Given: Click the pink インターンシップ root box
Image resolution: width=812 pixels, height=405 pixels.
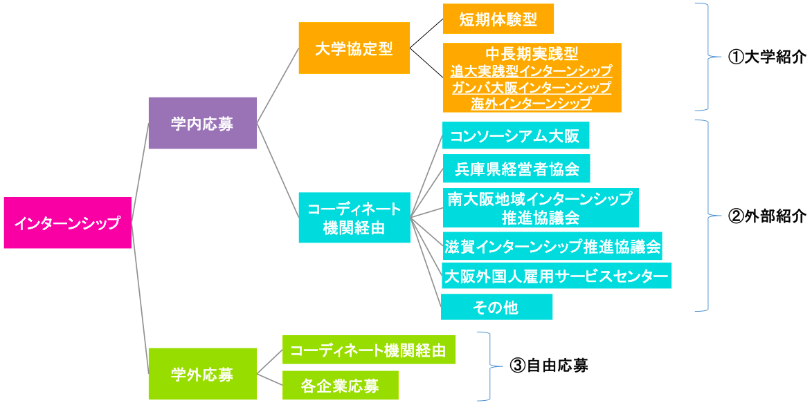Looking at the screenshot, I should tap(67, 223).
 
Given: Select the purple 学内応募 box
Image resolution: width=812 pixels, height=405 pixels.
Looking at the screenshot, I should tap(202, 123).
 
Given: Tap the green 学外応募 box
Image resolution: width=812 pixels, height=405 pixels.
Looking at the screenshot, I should tap(202, 374).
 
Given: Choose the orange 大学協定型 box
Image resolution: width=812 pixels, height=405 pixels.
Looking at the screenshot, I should tap(354, 48).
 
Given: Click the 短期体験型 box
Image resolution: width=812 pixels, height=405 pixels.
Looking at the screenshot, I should tap(498, 19).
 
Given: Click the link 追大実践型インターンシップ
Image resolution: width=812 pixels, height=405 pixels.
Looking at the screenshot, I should tap(532, 70).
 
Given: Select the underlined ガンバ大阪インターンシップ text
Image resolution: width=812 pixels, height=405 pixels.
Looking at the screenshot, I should tap(532, 87).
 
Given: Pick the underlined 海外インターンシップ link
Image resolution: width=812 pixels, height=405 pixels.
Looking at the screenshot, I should tap(532, 104).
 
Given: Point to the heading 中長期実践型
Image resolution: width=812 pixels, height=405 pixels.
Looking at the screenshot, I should tap(532, 54).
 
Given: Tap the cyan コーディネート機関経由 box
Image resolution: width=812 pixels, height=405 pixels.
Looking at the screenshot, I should tap(354, 218).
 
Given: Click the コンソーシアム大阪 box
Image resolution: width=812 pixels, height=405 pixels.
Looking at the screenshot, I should tap(514, 135).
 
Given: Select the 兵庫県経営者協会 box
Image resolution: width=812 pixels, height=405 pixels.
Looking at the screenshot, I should tap(516, 168).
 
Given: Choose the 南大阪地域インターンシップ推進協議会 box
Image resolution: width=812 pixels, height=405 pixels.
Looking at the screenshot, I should tap(540, 207).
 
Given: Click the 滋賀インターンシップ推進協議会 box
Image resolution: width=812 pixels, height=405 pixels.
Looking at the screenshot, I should tap(552, 245).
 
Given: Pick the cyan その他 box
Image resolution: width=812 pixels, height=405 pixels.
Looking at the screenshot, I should tap(496, 307).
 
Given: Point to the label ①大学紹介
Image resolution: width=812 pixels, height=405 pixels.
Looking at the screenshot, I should tap(766, 57).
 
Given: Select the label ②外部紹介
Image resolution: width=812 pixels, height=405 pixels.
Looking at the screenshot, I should tap(766, 216).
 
